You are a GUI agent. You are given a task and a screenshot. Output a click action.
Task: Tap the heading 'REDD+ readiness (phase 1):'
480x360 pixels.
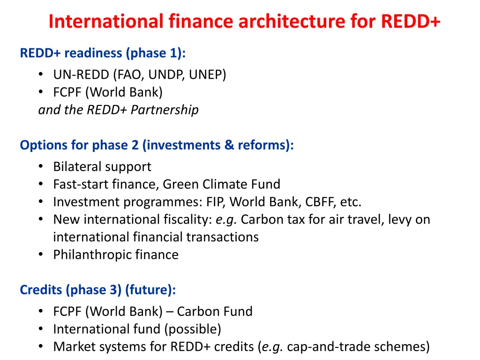pyautogui.click(x=103, y=53)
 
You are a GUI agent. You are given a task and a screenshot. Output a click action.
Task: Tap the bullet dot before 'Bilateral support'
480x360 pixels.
pyautogui.click(x=42, y=166)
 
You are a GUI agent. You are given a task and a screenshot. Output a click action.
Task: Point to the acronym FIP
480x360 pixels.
pyautogui.click(x=215, y=202)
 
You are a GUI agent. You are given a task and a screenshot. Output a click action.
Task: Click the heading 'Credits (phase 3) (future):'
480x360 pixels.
pyautogui.click(x=98, y=290)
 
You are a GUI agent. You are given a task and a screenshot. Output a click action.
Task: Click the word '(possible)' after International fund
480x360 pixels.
pyautogui.click(x=192, y=329)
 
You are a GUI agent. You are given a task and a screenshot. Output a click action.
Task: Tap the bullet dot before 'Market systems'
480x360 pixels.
pyautogui.click(x=42, y=347)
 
